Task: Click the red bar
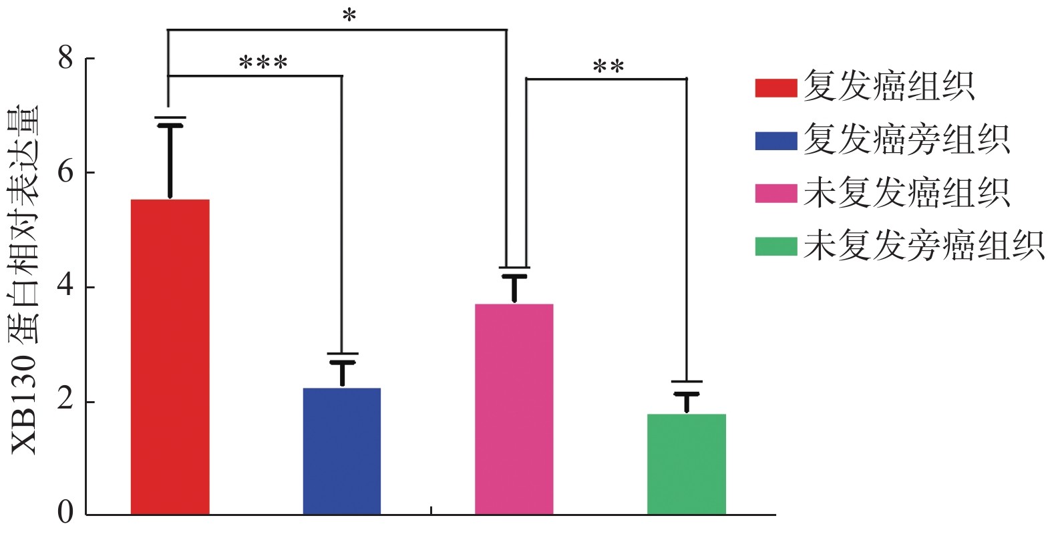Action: click(170, 356)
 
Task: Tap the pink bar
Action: click(514, 409)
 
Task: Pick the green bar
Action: click(686, 464)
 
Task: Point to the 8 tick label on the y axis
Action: click(65, 58)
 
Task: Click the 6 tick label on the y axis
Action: click(65, 172)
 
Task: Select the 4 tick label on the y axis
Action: click(65, 287)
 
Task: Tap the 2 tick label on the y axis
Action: click(65, 401)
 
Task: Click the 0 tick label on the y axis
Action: click(65, 513)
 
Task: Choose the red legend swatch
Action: click(775, 88)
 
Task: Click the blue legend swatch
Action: click(775, 141)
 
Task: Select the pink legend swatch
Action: click(775, 194)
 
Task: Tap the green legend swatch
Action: click(775, 246)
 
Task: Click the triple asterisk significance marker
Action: click(263, 64)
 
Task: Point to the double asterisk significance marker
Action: click(608, 67)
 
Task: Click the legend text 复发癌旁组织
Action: click(906, 141)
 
